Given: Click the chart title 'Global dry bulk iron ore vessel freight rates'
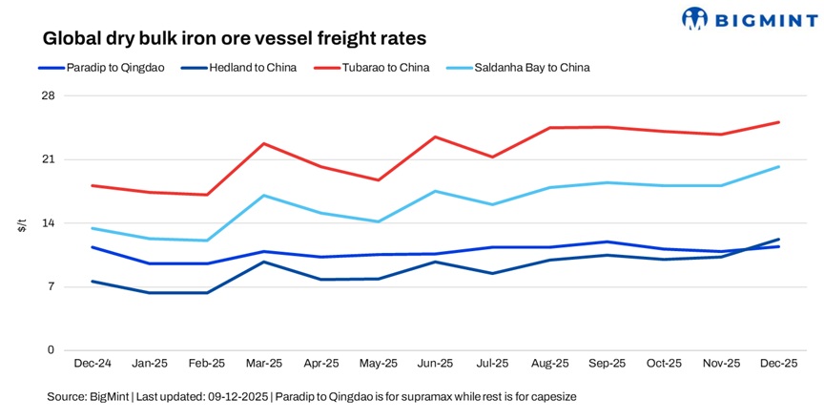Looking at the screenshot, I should [x=234, y=39].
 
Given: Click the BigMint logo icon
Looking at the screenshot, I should [x=695, y=17].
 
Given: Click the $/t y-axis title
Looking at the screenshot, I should [x=21, y=223].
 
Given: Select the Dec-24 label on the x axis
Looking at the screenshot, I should [x=92, y=364].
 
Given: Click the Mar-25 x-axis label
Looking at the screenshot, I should [x=263, y=364].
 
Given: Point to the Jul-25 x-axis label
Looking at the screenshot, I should [x=492, y=364].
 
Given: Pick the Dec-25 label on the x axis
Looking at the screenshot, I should [x=778, y=364].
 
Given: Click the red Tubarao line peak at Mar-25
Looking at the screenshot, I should [x=263, y=143].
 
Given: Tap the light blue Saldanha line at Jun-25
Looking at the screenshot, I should [x=435, y=191].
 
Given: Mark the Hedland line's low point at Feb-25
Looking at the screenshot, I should [x=206, y=292].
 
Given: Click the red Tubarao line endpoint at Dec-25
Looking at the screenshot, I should [x=778, y=122].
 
